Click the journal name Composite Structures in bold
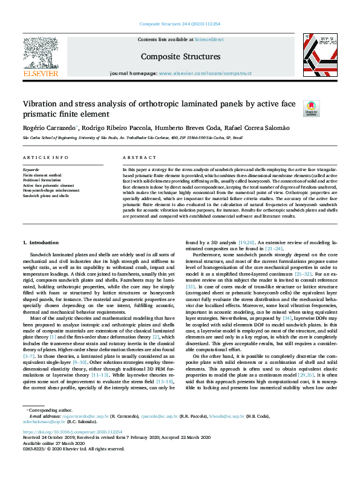click(180, 57)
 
